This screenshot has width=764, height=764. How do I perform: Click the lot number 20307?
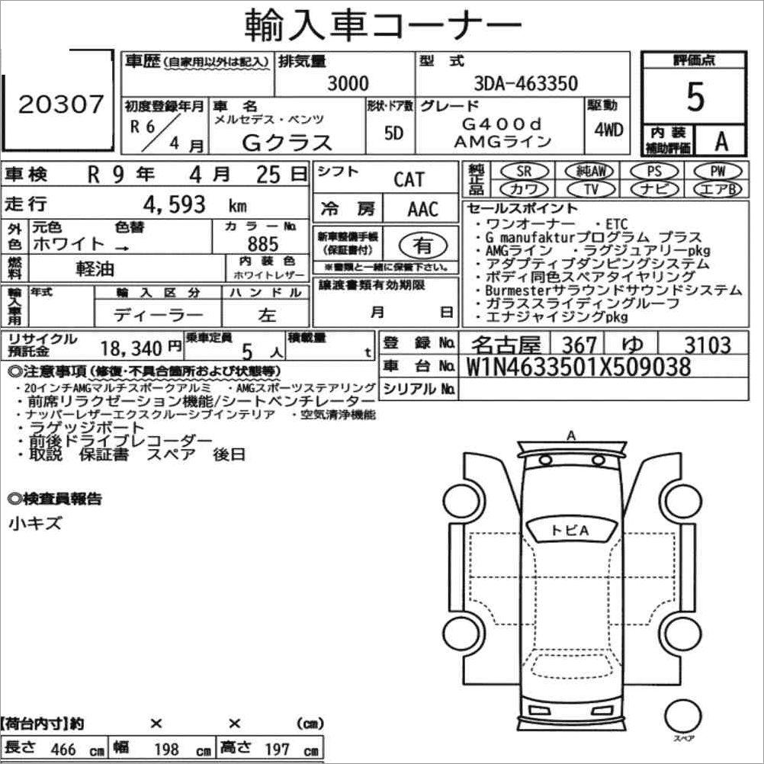pyautogui.click(x=61, y=104)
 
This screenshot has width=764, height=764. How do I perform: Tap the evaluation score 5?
pyautogui.click(x=695, y=97)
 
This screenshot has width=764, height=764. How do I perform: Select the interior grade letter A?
pyautogui.click(x=721, y=141)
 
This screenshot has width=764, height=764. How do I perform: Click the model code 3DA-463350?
pyautogui.click(x=526, y=84)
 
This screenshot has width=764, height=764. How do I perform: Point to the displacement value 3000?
pyautogui.click(x=348, y=84)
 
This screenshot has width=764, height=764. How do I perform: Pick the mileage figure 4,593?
pyautogui.click(x=174, y=204)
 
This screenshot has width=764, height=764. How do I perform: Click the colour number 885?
pyautogui.click(x=263, y=244)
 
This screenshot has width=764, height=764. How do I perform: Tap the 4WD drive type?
pyautogui.click(x=608, y=130)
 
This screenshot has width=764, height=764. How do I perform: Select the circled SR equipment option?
pyautogui.click(x=525, y=171)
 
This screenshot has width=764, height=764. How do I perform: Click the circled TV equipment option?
pyautogui.click(x=591, y=188)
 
